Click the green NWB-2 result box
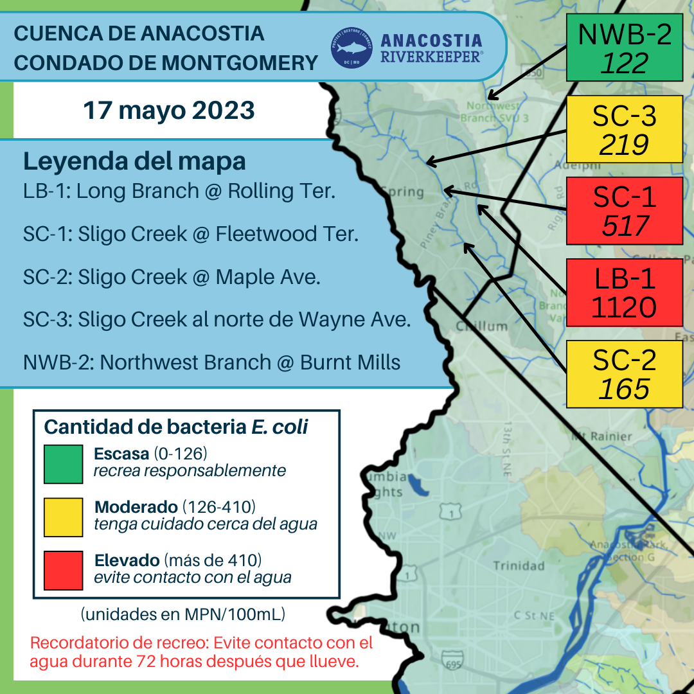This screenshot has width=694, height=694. pos(624,48)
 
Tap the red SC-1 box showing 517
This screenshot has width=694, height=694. pos(624,211)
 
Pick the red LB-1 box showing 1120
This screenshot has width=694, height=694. pos(624,293)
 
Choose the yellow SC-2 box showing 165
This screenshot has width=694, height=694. pos(624,374)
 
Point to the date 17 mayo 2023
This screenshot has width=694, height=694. pos(169,111)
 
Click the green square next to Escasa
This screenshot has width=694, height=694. pos(63,464)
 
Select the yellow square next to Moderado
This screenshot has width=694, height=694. pos(63,517)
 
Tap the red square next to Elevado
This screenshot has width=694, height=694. pos(63,570)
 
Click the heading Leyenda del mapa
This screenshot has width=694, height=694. pos(134,161)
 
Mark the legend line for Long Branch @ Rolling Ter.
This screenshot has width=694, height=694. pos(179,191)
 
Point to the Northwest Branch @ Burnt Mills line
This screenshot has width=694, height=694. pos(211,362)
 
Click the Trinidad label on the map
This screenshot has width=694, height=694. pos(519,566)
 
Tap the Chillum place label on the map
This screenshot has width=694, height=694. pos(482,326)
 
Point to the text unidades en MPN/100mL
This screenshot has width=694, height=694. pos(183,614)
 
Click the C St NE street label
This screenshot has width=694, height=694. pos(533,616)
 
